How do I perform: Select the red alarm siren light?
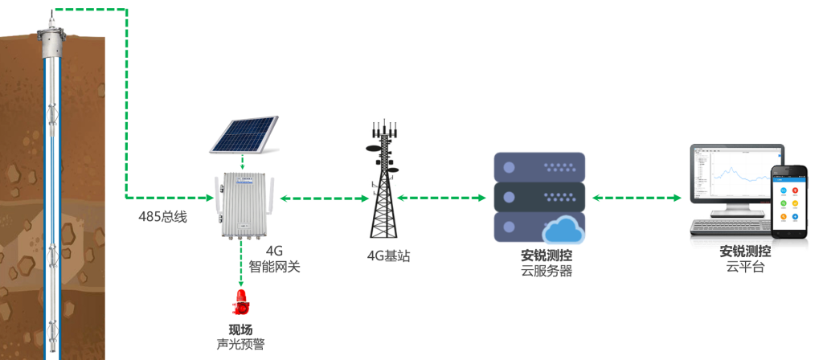click(x=240, y=304)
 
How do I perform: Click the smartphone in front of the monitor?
click(x=788, y=201)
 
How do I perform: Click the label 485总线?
click(x=163, y=216)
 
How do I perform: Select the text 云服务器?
click(x=547, y=271)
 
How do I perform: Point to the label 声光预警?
click(x=241, y=345)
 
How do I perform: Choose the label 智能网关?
click(x=274, y=266)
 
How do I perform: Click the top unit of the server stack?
click(x=538, y=167)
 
